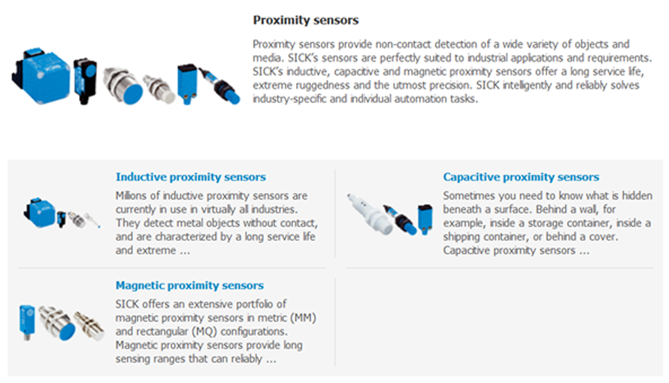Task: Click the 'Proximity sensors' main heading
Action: (x=306, y=20)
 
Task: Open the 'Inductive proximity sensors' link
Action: (x=190, y=177)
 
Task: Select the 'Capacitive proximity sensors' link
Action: (x=521, y=177)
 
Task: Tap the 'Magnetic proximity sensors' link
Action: (x=189, y=285)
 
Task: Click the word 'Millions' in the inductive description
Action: (x=132, y=196)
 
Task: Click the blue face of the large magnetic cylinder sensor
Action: (x=65, y=329)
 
